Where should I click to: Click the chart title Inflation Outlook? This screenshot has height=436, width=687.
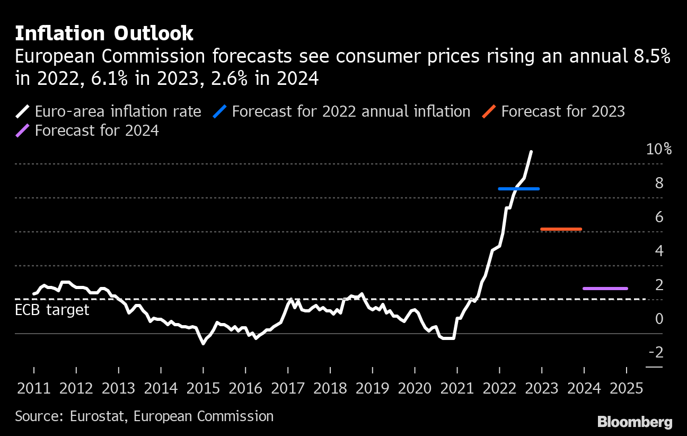click(x=104, y=33)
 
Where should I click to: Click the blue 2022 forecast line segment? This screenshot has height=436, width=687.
click(x=519, y=189)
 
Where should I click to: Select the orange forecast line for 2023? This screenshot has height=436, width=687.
click(x=561, y=229)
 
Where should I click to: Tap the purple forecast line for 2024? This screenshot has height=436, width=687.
click(x=605, y=289)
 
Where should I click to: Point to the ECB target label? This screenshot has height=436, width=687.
click(x=52, y=310)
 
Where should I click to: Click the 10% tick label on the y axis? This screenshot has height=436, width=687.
click(x=659, y=149)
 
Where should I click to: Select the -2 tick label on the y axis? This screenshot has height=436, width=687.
click(x=655, y=353)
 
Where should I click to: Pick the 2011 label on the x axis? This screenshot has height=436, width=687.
click(x=34, y=388)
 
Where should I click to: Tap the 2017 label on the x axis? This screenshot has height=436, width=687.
click(x=288, y=388)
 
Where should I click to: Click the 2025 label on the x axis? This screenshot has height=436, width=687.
click(x=626, y=388)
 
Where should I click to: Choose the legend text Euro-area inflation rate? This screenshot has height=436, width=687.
click(x=118, y=111)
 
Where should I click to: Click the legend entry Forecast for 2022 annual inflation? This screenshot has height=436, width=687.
click(x=351, y=111)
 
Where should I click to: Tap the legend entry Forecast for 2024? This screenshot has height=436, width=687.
click(x=96, y=130)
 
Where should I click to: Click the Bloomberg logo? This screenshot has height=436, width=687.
click(x=635, y=422)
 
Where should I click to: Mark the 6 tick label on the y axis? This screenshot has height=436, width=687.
click(x=659, y=217)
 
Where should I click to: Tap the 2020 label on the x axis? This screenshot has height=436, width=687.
click(x=415, y=388)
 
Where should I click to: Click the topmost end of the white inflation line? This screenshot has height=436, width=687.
click(x=531, y=152)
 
